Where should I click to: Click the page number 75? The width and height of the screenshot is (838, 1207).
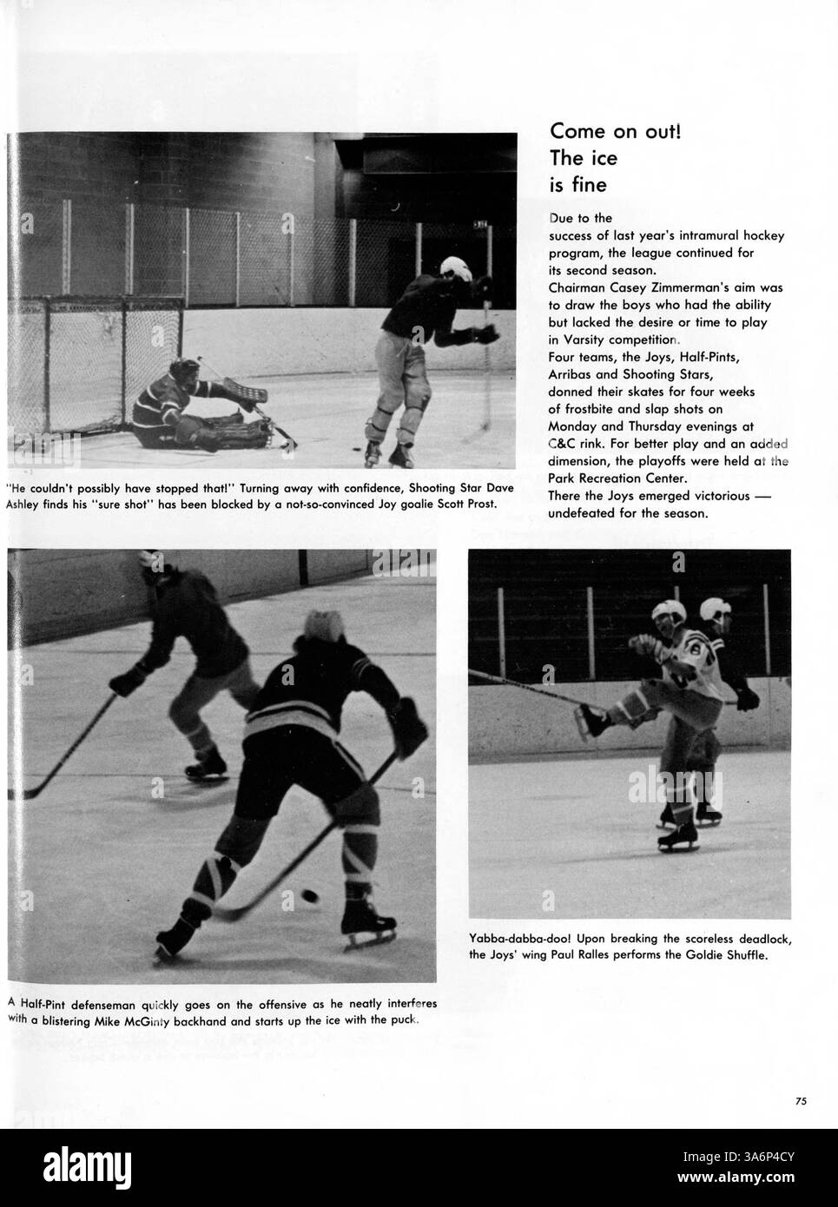(800, 1101)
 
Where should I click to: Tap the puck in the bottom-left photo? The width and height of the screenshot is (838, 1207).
(309, 894)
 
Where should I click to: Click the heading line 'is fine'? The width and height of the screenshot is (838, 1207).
(577, 185)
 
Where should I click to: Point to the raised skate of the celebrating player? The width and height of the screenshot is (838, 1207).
(592, 719)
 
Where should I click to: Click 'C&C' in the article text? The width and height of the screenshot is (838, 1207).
(563, 443)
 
